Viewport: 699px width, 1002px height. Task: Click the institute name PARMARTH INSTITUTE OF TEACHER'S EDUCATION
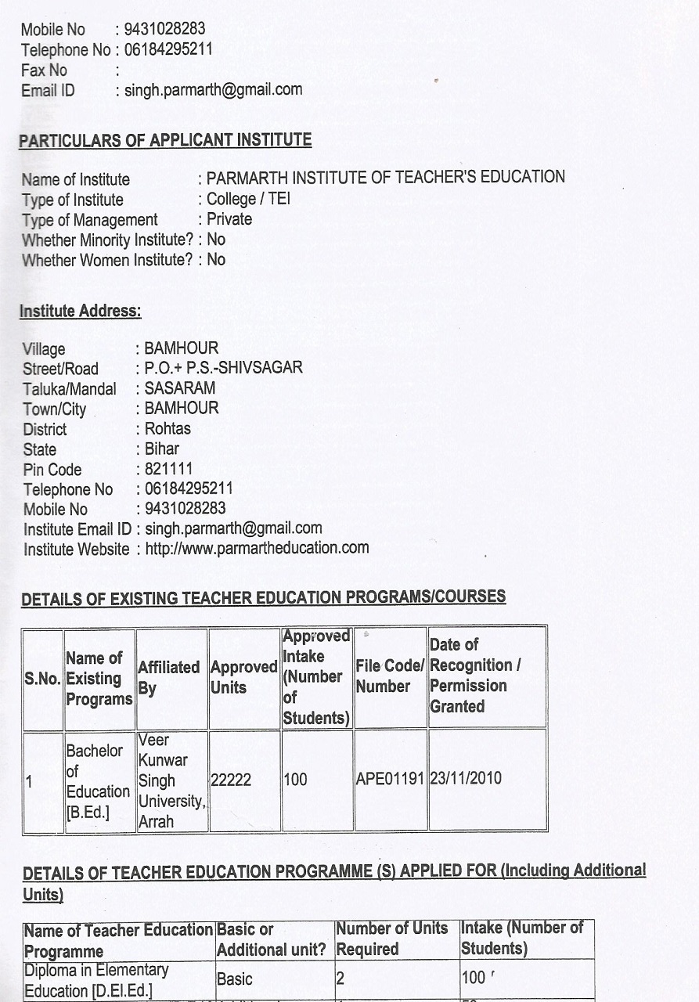pyautogui.click(x=385, y=178)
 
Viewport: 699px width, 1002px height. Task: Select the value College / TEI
pyautogui.click(x=248, y=199)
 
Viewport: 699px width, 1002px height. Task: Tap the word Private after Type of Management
pyautogui.click(x=229, y=219)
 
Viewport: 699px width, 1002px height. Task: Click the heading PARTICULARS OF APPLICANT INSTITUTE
pyautogui.click(x=165, y=141)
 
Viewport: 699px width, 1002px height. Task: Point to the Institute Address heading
pyautogui.click(x=80, y=311)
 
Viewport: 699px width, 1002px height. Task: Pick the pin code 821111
pyautogui.click(x=168, y=470)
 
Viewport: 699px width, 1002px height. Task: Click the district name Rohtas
pyautogui.click(x=168, y=429)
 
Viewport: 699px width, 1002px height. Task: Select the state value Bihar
pyautogui.click(x=162, y=449)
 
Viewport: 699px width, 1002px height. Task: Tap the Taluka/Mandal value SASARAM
pyautogui.click(x=180, y=388)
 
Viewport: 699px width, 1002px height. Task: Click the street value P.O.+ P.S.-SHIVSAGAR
pyautogui.click(x=223, y=368)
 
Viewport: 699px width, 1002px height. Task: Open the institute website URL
pyautogui.click(x=257, y=548)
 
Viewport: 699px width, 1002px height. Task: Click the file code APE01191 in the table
pyautogui.click(x=390, y=780)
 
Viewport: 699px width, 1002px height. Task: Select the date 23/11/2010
pyautogui.click(x=466, y=779)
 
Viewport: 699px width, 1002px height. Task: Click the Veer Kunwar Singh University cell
pyautogui.click(x=171, y=780)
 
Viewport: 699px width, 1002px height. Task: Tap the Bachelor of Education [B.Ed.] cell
pyautogui.click(x=98, y=780)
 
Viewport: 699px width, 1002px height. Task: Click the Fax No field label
pyautogui.click(x=45, y=70)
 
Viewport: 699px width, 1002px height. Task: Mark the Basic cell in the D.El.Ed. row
pyautogui.click(x=235, y=979)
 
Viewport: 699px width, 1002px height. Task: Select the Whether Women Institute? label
pyautogui.click(x=106, y=260)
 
